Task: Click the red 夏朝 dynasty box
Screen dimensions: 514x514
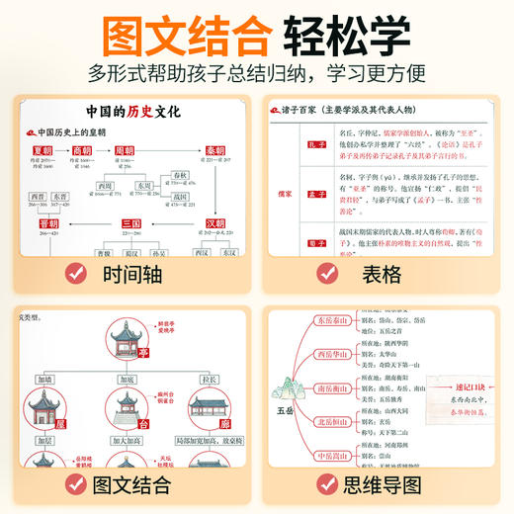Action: [x=43, y=150]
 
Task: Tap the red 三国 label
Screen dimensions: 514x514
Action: [x=131, y=224]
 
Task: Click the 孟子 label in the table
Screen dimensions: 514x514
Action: [x=317, y=195]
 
